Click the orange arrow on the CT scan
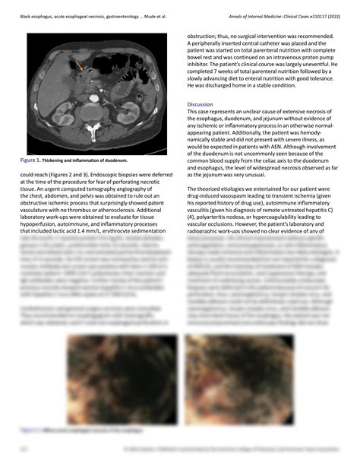click(x=77, y=67)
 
